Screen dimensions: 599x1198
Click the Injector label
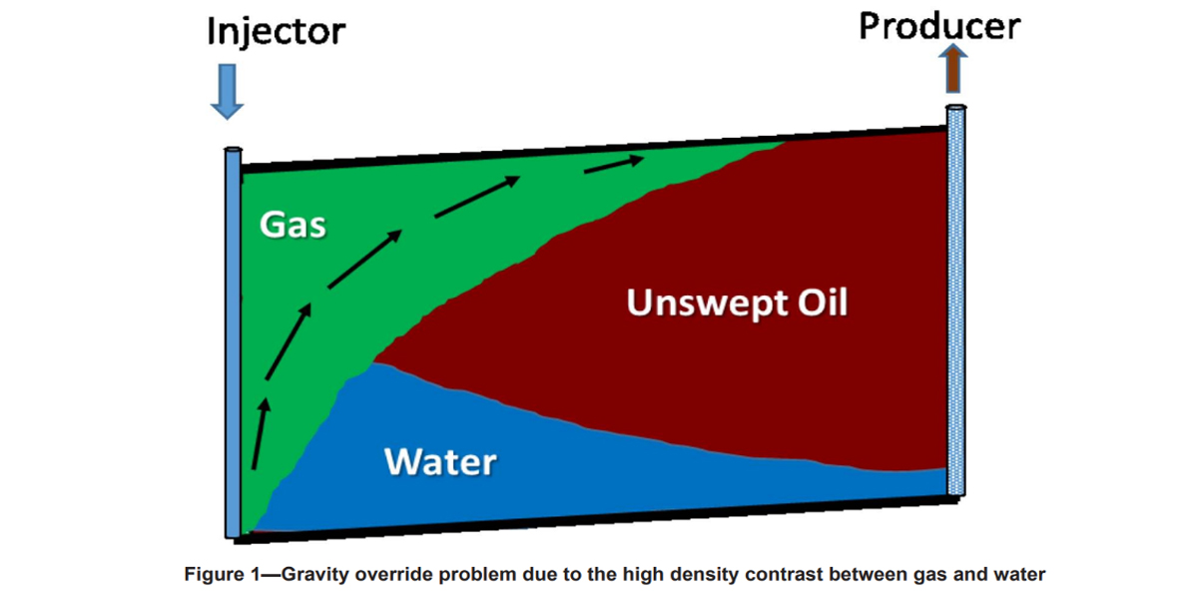coord(276,31)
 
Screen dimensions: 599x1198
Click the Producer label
coord(939,25)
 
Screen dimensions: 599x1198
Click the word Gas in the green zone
coord(293,224)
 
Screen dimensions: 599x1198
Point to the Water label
coord(440,462)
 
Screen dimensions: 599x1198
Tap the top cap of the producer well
coord(956,106)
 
